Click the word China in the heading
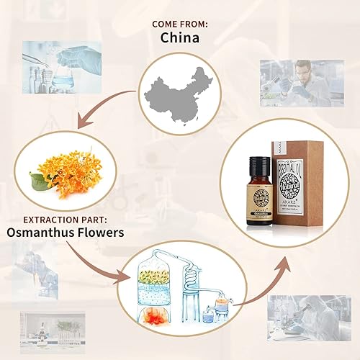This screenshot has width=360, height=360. tap(179, 37)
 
